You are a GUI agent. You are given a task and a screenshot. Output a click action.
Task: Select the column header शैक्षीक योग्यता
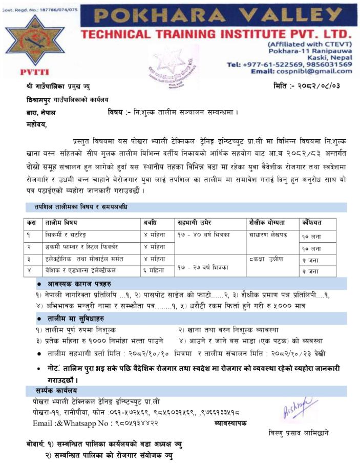[266, 223]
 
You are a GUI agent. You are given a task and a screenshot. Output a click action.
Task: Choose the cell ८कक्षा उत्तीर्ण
[266, 259]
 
